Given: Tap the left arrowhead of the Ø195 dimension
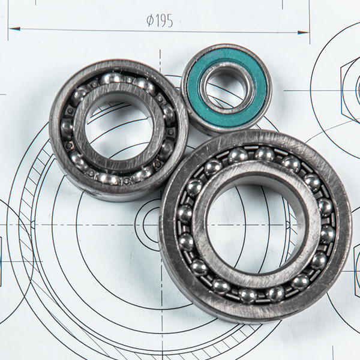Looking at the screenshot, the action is [x=14, y=29].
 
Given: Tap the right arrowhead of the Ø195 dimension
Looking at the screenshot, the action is [x=304, y=32].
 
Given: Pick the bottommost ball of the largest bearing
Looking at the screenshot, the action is [x=248, y=295].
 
